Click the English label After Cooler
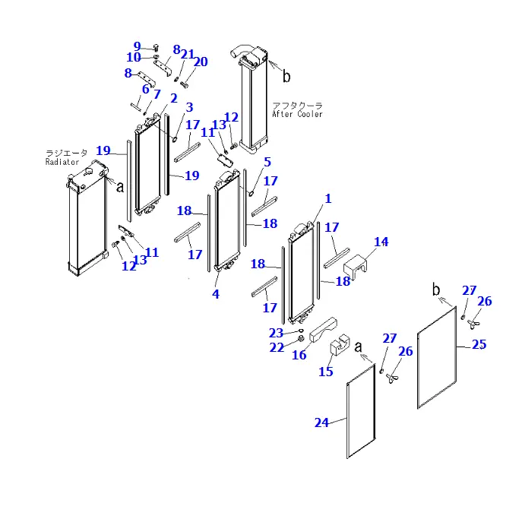297,115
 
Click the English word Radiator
62,162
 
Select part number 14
381,242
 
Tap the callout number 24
322,422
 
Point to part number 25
479,344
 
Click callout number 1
328,198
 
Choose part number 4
216,294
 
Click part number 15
325,372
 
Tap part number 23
276,333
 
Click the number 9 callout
138,46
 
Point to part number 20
201,62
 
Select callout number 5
267,162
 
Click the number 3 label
189,107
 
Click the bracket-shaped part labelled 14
360,265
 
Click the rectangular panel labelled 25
437,357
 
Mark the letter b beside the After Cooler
286,76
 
